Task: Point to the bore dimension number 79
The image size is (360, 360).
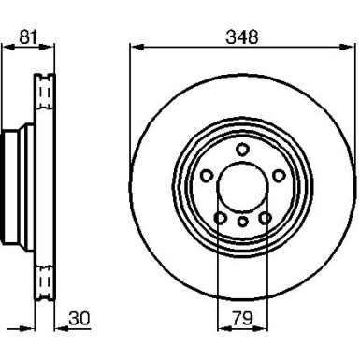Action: [x=242, y=320]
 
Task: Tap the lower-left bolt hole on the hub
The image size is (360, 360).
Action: [x=219, y=217]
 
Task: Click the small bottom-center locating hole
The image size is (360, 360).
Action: [x=242, y=222]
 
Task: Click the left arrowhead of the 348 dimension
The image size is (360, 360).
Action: [x=132, y=47]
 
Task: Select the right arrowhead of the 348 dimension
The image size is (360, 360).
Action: [x=352, y=47]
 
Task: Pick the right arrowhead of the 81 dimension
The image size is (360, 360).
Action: [x=50, y=47]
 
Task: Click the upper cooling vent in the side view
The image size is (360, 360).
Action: [x=41, y=94]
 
